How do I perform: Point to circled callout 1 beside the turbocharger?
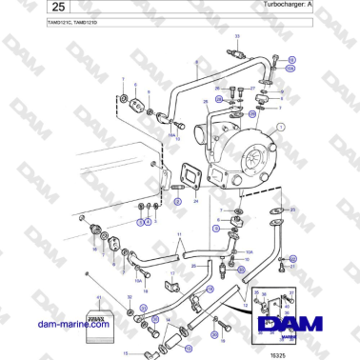[x=281, y=127]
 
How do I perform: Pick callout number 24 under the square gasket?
[x=195, y=201]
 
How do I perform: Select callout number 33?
[x=237, y=33]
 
